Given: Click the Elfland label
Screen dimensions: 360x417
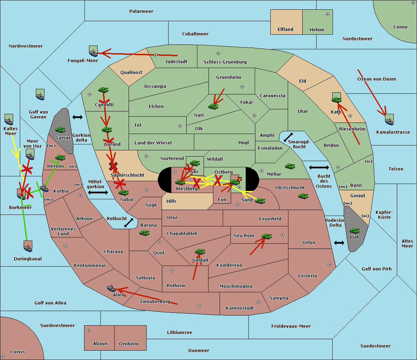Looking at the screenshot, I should (285, 30).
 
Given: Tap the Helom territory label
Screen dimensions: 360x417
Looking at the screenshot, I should (317, 30).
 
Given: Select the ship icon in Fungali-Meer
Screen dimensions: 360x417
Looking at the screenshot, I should (93, 52).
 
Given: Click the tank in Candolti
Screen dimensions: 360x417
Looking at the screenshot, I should (103, 90).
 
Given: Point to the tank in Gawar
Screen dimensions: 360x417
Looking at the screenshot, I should (60, 130).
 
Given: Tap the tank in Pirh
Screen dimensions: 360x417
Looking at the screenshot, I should (354, 231).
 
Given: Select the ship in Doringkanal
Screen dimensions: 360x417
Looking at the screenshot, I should (28, 246).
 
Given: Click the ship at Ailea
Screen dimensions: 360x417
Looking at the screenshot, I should (111, 288).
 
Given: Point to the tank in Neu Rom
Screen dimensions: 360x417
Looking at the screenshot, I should (267, 236).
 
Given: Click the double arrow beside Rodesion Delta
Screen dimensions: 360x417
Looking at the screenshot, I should (339, 243).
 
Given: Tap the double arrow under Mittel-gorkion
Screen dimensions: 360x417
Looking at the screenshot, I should (98, 193).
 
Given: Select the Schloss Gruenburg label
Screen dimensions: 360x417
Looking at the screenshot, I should (225, 62).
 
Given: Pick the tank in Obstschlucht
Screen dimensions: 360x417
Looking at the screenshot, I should (303, 196).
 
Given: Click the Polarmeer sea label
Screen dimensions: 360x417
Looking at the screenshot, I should (141, 11).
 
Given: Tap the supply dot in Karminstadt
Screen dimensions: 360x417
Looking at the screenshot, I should (258, 302).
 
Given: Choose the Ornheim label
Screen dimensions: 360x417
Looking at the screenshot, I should (129, 344).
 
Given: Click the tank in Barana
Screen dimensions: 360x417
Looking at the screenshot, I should (144, 233).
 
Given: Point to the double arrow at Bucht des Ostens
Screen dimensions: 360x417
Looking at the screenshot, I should (319, 168).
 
